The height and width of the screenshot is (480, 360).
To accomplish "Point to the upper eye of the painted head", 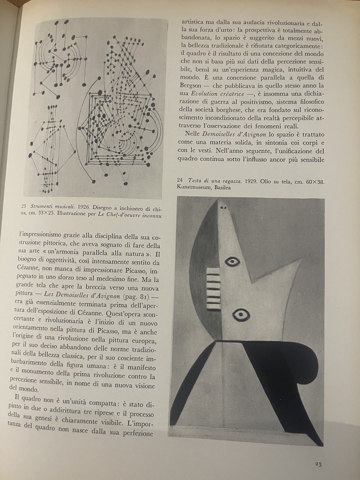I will (232, 261).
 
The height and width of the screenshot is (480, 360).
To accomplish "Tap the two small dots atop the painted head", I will (224, 207).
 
